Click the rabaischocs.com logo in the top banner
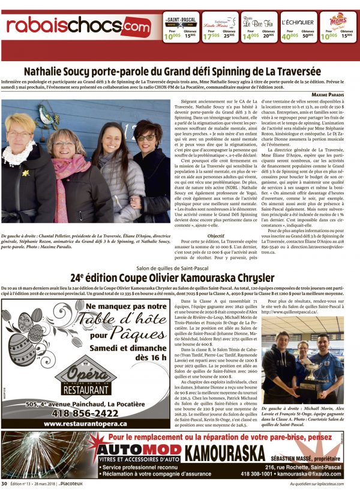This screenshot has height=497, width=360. click(x=78, y=26)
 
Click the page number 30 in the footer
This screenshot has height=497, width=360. click(x=4, y=483)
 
